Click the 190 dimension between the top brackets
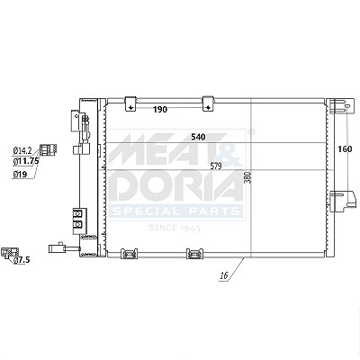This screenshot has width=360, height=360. (x=160, y=110)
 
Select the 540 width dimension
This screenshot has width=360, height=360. (x=198, y=137)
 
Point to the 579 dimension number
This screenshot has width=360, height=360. (x=216, y=166)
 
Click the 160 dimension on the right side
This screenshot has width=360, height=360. (x=345, y=148)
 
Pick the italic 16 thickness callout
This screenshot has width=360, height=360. (x=224, y=274)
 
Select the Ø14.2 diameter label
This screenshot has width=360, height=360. (x=22, y=151)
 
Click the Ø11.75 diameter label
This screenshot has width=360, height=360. (x=26, y=161)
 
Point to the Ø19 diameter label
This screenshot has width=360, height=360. (x=20, y=175)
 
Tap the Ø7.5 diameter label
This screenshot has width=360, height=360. (x=22, y=260)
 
